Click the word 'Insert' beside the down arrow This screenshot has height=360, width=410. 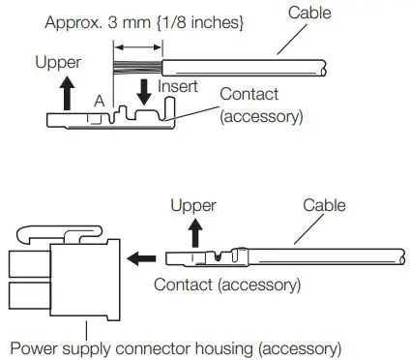(x=179, y=87)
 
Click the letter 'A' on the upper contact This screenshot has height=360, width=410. (x=100, y=101)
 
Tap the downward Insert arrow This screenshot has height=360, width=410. (x=144, y=93)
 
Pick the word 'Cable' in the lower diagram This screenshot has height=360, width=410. (x=324, y=206)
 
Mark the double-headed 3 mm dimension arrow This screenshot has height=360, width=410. (x=135, y=45)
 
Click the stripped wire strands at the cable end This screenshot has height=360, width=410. (x=136, y=67)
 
